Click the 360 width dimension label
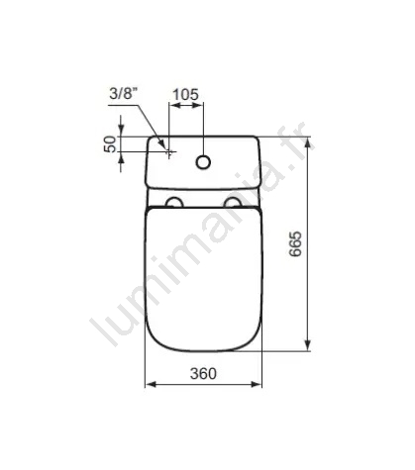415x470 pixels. pos(203,373)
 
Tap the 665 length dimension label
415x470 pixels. pos(295,243)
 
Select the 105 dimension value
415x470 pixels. pos(186,94)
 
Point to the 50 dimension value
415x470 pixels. pos(111,144)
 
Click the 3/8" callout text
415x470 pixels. pos(123,94)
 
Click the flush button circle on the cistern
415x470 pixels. pos(203,162)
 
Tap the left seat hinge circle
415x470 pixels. pos(174,202)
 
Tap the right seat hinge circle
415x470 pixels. pos(233,202)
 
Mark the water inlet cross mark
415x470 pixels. pos(169,152)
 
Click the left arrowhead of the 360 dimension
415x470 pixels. pos(151,384)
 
